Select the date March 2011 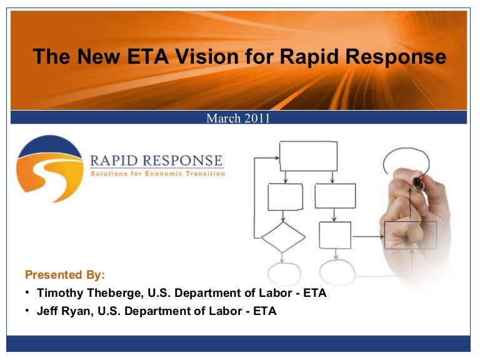click(238, 118)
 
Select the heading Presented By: click(65, 275)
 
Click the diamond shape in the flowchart click(283, 237)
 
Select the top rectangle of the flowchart click(308, 156)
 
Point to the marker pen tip click(417, 181)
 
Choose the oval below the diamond click(284, 274)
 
